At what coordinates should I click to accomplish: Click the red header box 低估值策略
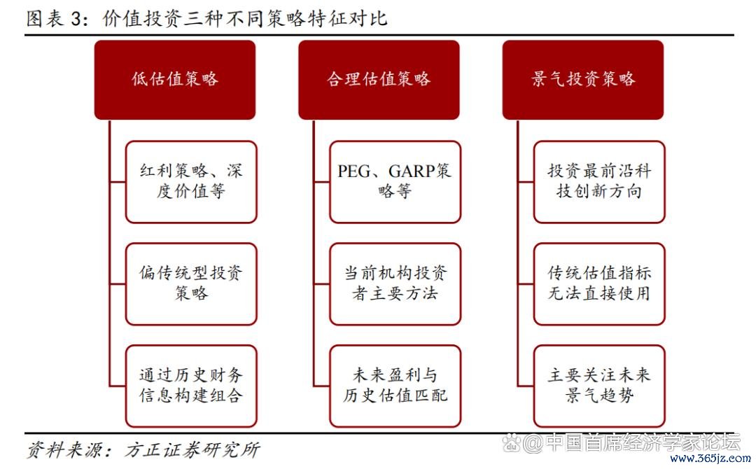point(175,79)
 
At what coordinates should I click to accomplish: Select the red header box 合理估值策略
point(379,79)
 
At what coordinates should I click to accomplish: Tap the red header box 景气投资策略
point(582,79)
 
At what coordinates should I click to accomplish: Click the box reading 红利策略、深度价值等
point(191,182)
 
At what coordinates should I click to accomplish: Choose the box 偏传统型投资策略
point(191,283)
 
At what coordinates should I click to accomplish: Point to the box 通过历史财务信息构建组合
point(191,386)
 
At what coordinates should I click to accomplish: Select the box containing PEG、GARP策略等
point(395,182)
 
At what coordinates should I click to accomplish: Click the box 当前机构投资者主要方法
point(395,283)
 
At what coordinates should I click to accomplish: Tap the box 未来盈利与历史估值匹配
point(395,386)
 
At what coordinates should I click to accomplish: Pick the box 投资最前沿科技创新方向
point(598,182)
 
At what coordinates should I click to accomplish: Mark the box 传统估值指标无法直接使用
point(598,283)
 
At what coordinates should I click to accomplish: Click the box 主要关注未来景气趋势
point(598,386)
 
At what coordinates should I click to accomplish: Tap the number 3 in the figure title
point(76,19)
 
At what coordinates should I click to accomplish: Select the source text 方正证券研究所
point(192,449)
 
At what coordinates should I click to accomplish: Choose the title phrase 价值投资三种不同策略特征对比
point(244,19)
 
